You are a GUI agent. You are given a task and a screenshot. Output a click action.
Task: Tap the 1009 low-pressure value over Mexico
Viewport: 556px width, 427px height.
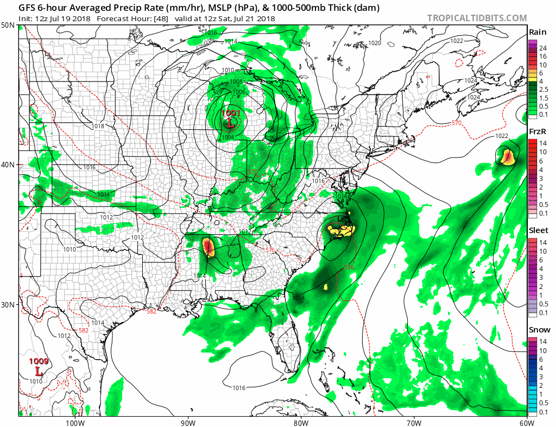point(39,361)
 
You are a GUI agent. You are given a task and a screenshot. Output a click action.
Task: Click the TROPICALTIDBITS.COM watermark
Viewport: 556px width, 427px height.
point(477,18)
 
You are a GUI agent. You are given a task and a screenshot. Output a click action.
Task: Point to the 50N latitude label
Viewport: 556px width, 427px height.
point(8,26)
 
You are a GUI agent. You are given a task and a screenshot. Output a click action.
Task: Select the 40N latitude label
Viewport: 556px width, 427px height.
point(8,165)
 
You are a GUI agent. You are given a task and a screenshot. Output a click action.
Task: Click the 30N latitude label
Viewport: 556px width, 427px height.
point(8,304)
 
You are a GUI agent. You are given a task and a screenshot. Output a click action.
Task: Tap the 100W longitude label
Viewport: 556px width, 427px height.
point(75,422)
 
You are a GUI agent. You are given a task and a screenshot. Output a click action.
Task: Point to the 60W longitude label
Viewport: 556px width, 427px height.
point(526,422)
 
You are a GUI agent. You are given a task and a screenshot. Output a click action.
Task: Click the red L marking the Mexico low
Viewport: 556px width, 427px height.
point(39,372)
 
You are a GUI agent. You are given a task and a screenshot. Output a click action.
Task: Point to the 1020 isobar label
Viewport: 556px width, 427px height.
point(375,43)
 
